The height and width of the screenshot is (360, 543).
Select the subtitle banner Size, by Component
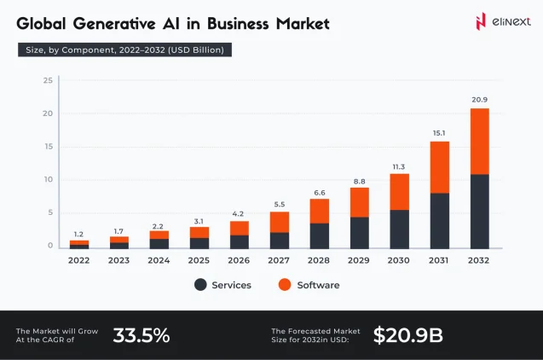click(124, 50)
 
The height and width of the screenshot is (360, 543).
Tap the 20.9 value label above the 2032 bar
click(479, 100)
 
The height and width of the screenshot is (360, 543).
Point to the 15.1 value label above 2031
click(439, 132)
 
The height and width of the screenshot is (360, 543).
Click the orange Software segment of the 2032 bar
click(479, 141)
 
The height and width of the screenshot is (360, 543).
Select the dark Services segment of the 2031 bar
click(439, 220)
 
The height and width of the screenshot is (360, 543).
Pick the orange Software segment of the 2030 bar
click(399, 191)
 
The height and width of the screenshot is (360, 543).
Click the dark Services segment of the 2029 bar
click(360, 232)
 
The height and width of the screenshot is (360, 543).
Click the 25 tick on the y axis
click(49, 81)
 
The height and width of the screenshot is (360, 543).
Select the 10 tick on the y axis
click(49, 180)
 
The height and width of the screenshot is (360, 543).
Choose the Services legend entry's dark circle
click(200, 285)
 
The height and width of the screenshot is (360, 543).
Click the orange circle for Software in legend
click(285, 285)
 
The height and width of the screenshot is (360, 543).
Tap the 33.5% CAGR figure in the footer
click(142, 335)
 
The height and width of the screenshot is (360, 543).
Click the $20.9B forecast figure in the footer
click(407, 335)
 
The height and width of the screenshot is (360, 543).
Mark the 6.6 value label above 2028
click(320, 192)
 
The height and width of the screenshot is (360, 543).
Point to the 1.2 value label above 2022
click(79, 234)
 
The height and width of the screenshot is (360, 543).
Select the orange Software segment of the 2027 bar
click(280, 222)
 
